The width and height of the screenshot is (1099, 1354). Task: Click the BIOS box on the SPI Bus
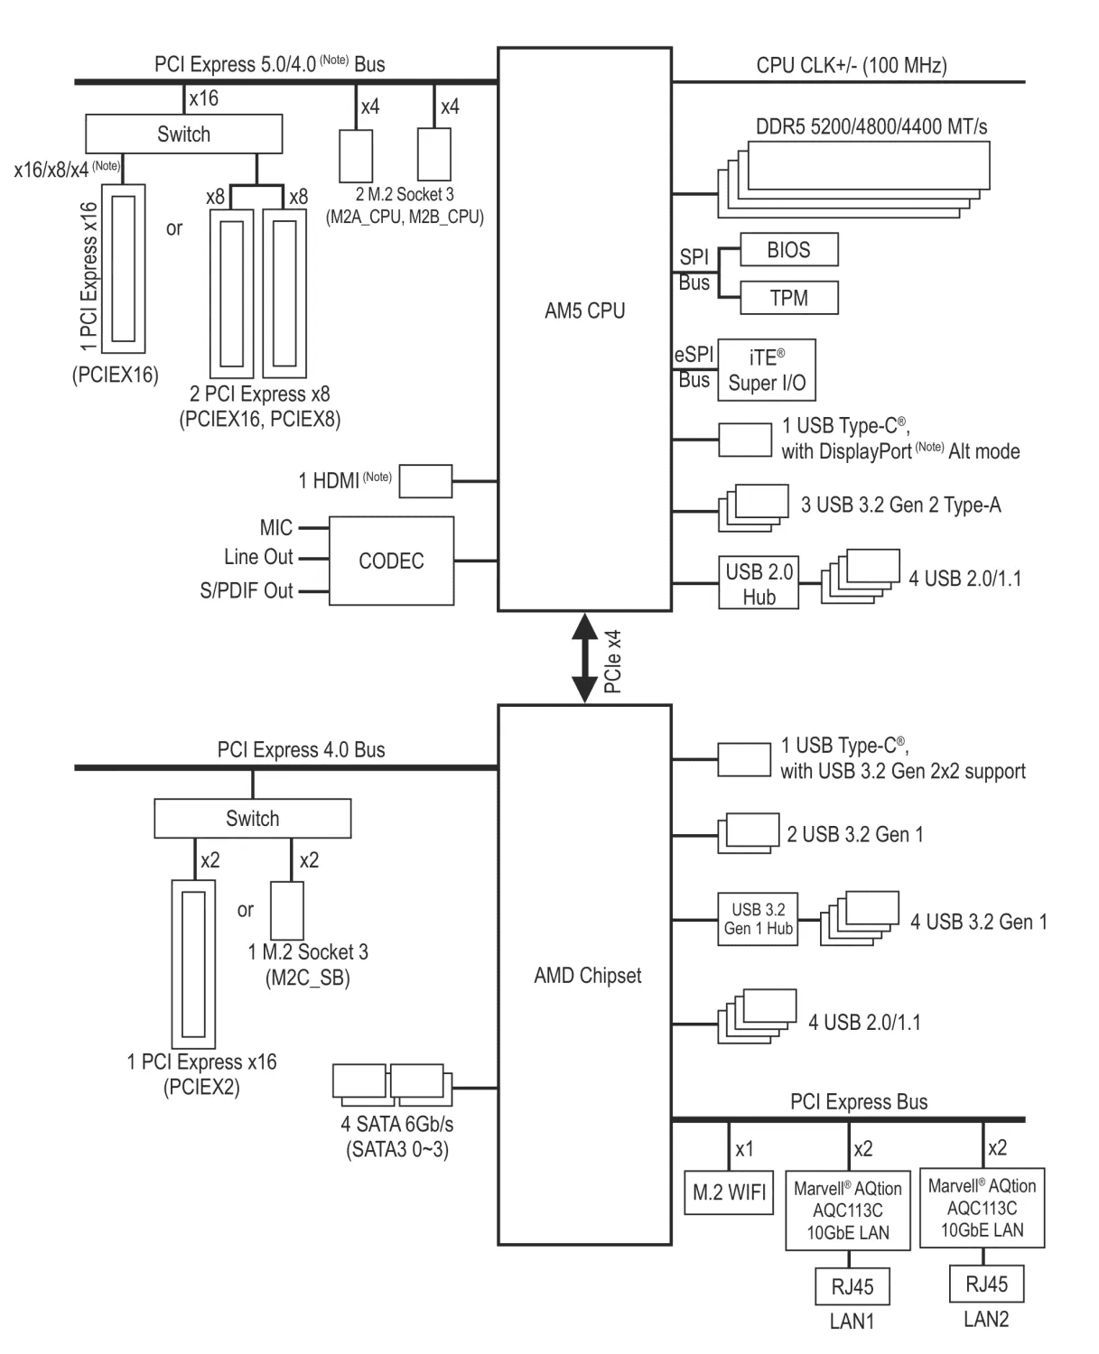point(788,249)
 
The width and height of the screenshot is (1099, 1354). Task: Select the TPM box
point(788,298)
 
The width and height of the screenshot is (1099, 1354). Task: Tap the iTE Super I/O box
point(767,370)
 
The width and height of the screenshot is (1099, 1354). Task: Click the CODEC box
point(391,561)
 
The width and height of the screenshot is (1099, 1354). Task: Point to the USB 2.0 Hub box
point(759,583)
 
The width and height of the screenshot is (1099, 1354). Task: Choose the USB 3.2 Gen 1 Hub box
point(758,919)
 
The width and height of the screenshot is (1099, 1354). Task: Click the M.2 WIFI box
point(729,1192)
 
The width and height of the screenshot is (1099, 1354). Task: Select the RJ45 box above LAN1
point(852,1286)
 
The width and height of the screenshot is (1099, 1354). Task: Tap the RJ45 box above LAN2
point(986,1284)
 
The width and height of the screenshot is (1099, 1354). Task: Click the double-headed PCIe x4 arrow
point(584,658)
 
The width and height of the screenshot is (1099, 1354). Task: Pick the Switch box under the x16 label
point(184,134)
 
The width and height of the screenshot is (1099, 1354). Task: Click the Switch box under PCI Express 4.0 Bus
point(253,818)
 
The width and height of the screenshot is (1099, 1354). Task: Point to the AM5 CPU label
point(584,311)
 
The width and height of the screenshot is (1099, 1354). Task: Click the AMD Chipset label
point(588,975)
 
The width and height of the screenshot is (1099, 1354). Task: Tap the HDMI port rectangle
point(425,481)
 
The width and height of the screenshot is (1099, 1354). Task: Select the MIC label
point(276,528)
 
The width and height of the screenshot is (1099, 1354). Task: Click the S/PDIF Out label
point(247,590)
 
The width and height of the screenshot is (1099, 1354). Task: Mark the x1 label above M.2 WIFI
point(744,1149)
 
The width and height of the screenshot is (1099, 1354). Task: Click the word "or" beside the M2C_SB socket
point(245,910)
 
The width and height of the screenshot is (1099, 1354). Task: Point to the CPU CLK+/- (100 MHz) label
point(852,65)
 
